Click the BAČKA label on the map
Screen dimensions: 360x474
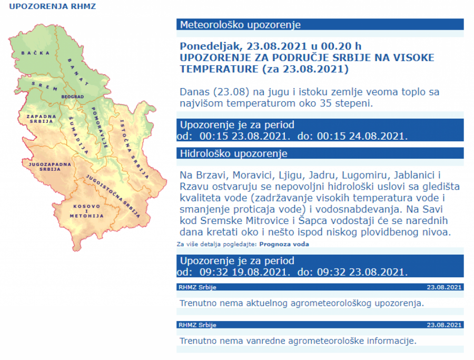32,53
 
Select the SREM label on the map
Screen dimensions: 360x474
44,86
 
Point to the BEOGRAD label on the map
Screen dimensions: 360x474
73,98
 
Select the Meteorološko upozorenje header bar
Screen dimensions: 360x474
320,25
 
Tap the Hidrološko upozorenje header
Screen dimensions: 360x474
320,153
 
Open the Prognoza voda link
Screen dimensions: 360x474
284,244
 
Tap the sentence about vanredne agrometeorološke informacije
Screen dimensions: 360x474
298,340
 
